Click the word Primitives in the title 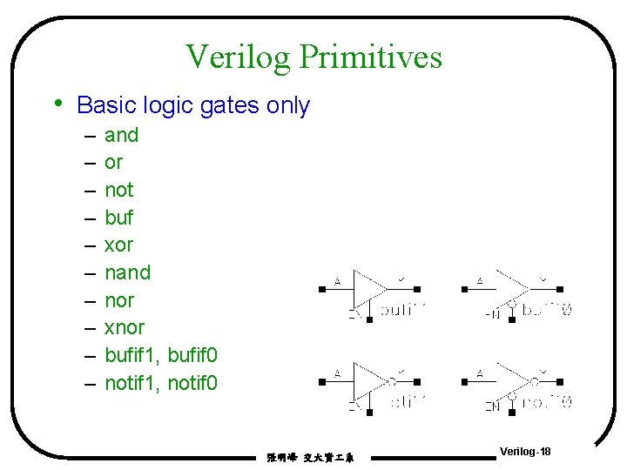[371, 57]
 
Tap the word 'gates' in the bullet [230, 106]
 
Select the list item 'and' [121, 135]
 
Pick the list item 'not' [118, 190]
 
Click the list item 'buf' [118, 217]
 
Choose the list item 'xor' [118, 245]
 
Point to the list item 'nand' [127, 272]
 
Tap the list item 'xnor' [125, 327]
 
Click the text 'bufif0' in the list [193, 355]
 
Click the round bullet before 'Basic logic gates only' [57, 104]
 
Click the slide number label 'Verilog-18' [525, 452]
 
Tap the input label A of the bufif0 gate [480, 280]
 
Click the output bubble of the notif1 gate [392, 381]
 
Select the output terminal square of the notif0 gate [560, 381]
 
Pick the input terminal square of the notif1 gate [322, 381]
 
